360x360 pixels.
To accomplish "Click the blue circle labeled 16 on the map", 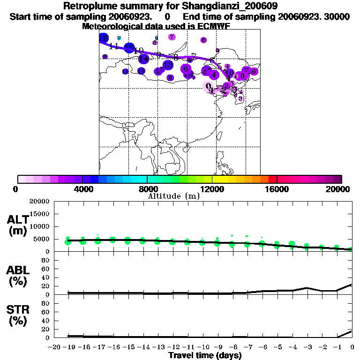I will pyautogui.click(x=104, y=37).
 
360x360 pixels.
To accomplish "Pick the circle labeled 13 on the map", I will pyautogui.click(x=168, y=65).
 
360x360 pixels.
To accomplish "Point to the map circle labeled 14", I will pyautogui.click(x=143, y=59).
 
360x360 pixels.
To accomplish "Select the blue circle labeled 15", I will pyautogui.click(x=129, y=47).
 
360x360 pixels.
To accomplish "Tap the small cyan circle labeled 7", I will pyautogui.click(x=119, y=38).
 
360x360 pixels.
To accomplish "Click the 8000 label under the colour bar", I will pyautogui.click(x=147, y=189).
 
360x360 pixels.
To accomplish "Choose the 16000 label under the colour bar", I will pyautogui.click(x=277, y=189).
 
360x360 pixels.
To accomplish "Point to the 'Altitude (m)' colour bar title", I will pyautogui.click(x=173, y=196).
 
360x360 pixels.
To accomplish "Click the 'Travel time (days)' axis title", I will pyautogui.click(x=205, y=355).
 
